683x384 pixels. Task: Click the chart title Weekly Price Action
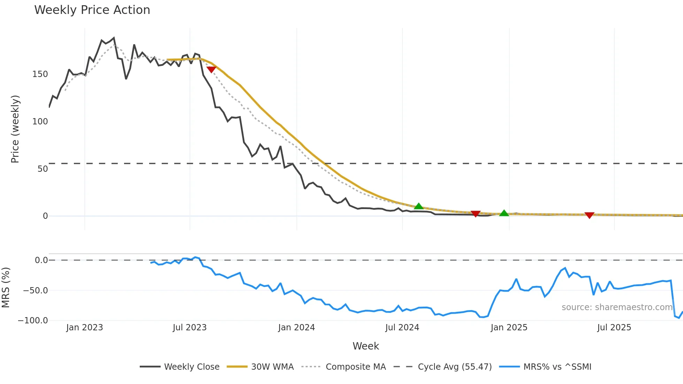(x=92, y=10)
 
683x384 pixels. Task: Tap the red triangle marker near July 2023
(x=211, y=69)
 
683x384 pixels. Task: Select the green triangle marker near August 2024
(x=419, y=206)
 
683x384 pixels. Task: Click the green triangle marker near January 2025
(x=504, y=213)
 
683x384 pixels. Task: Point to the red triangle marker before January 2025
(x=475, y=214)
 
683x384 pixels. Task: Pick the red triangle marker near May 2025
(x=589, y=215)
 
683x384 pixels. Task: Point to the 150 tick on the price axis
(x=40, y=74)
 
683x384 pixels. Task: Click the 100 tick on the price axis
(x=40, y=122)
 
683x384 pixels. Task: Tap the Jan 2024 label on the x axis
(x=297, y=328)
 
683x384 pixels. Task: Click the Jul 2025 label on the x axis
(x=614, y=328)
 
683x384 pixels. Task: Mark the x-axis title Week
(x=366, y=346)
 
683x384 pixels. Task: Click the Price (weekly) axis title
(x=15, y=129)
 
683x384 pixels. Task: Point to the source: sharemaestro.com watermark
(x=617, y=307)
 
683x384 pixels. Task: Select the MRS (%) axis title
(x=6, y=287)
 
